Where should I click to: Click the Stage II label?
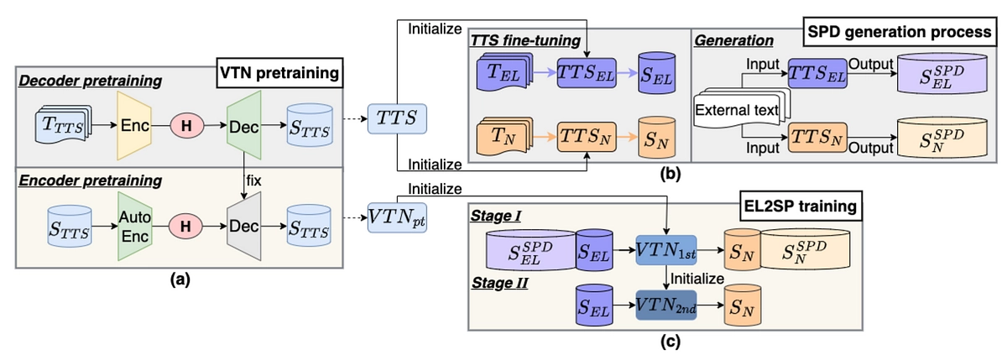point(496,284)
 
